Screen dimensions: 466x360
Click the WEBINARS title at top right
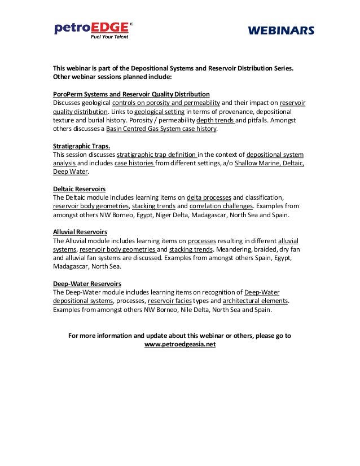pos(280,31)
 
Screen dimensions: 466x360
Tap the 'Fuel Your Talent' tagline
pos(111,37)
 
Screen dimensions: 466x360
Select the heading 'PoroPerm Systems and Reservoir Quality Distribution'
pos(131,94)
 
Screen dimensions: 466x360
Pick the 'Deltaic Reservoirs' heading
pos(79,188)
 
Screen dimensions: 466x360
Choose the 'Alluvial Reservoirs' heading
pos(80,232)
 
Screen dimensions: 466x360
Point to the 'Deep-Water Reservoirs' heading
pos(87,284)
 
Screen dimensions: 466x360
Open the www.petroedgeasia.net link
pos(180,344)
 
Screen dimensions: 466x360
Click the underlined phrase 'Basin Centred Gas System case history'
pos(162,129)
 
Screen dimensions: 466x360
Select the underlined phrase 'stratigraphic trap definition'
pos(156,155)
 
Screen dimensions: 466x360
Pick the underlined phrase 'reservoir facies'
pos(169,301)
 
